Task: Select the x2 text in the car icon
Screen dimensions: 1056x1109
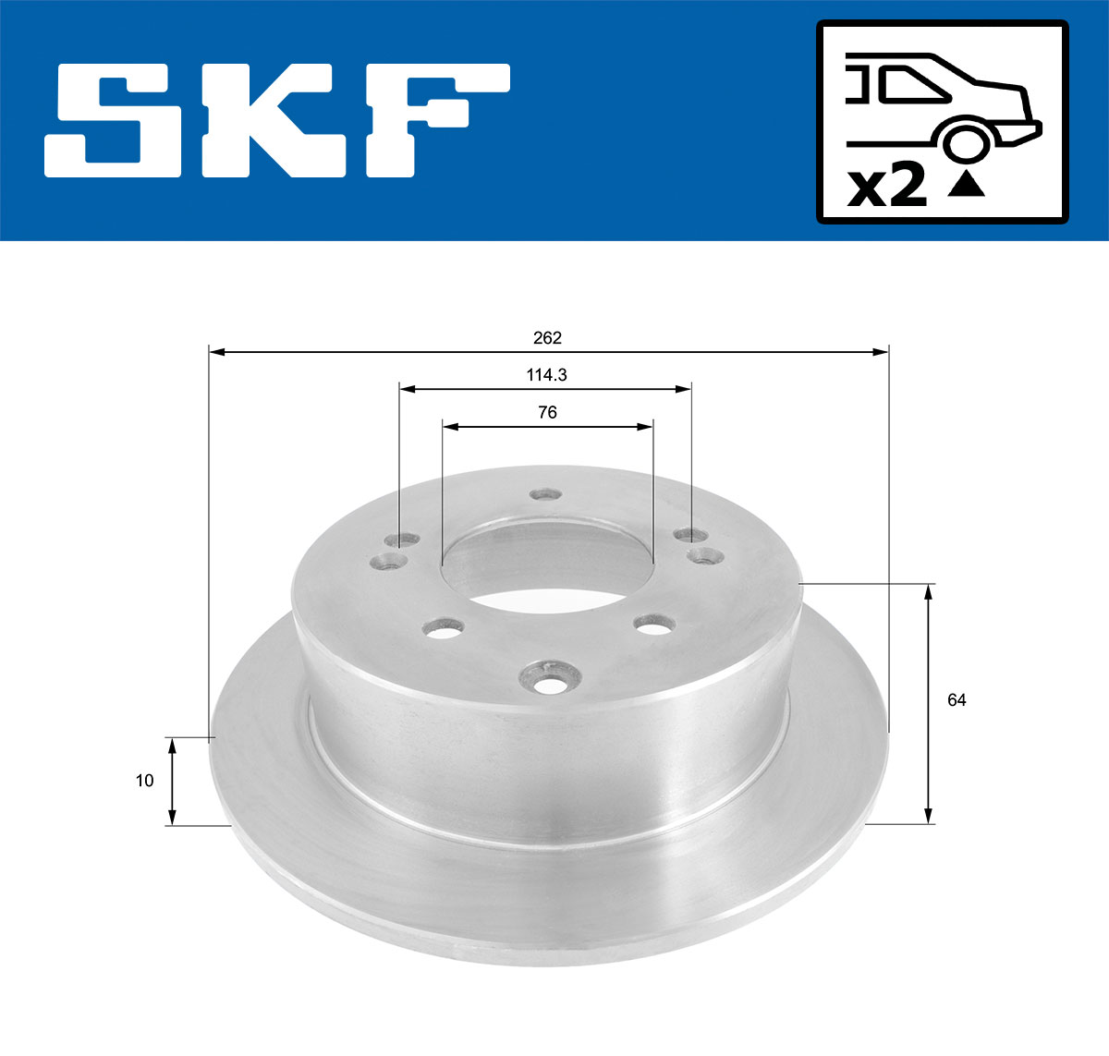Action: tap(886, 188)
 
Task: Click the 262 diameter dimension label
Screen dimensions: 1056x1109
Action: tap(547, 338)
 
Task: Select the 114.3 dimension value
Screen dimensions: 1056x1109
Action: tap(546, 375)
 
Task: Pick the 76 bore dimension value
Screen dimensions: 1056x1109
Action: tap(547, 413)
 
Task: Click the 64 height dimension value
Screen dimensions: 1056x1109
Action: tap(957, 700)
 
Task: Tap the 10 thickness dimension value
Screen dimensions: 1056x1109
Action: tap(144, 781)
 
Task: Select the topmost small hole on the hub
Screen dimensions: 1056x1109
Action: tap(546, 494)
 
